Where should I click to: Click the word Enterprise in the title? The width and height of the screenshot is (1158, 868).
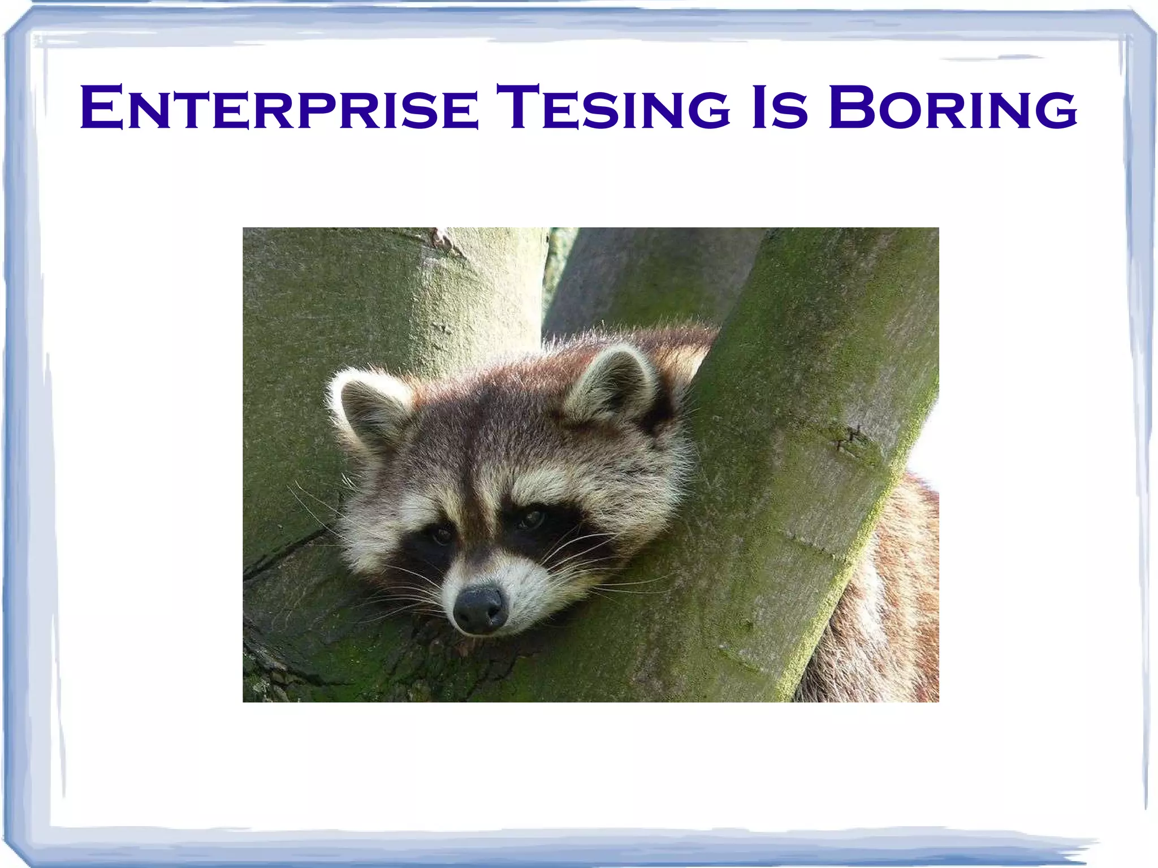tap(279, 107)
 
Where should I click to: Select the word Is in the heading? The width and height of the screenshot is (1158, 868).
tap(779, 107)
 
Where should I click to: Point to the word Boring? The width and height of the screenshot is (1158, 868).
tap(953, 107)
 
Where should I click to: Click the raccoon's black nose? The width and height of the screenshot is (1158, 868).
tap(479, 608)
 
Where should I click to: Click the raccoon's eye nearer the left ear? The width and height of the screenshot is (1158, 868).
tap(441, 535)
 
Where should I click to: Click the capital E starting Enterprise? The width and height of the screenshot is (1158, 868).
tap(102, 107)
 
